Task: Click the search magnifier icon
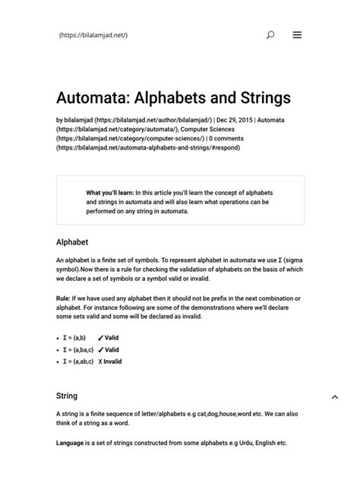pos(270,35)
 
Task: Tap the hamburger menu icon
pos(297,35)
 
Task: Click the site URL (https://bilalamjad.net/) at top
pos(93,36)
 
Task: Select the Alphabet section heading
pos(73,242)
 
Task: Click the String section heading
pos(67,396)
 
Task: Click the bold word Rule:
pos(65,298)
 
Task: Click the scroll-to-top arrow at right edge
pos(335,396)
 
